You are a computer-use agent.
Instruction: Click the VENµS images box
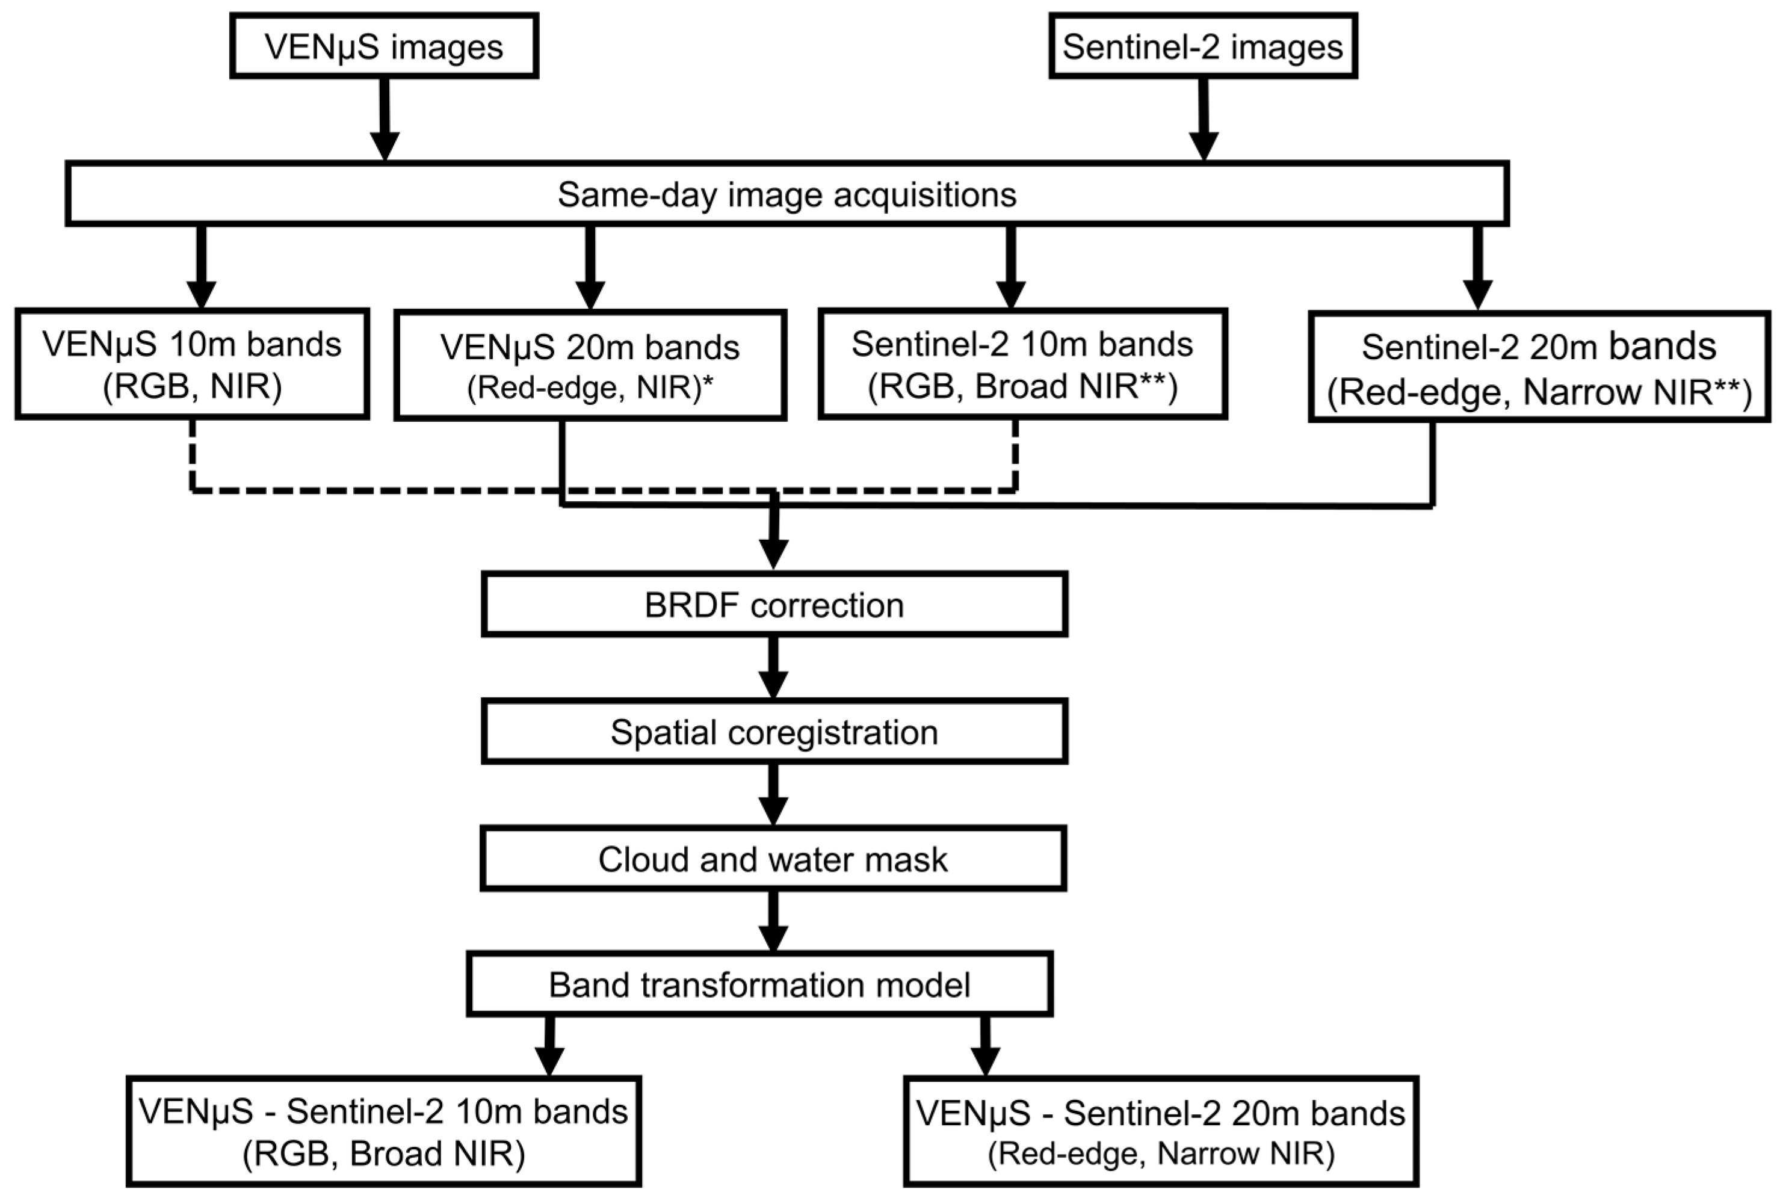(x=385, y=46)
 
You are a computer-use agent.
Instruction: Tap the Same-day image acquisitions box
(x=787, y=194)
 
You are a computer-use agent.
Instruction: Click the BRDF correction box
(x=774, y=604)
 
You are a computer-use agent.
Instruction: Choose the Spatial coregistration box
(x=774, y=731)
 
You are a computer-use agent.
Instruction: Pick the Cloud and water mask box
(x=772, y=858)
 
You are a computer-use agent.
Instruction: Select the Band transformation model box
(x=759, y=984)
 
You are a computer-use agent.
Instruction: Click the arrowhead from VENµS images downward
(x=385, y=145)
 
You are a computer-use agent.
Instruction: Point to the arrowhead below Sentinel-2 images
(x=1204, y=145)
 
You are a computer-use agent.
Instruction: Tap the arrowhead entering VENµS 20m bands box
(x=590, y=295)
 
